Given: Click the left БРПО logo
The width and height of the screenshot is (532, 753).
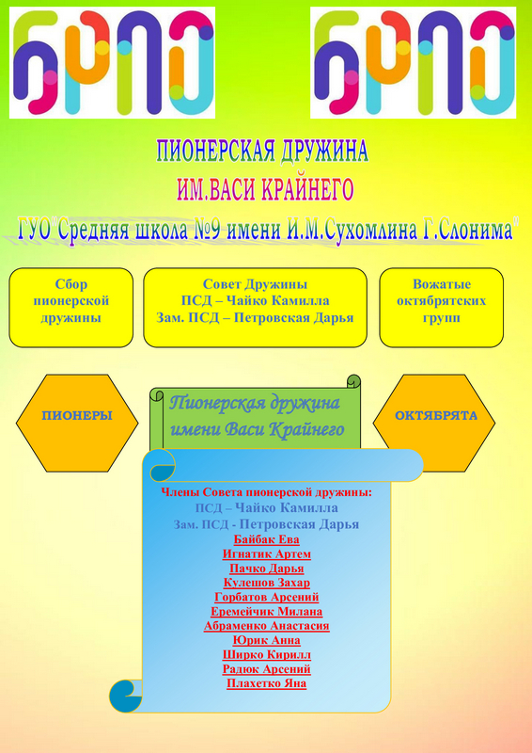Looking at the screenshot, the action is pyautogui.click(x=112, y=62).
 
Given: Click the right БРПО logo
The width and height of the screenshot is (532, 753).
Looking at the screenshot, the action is pyautogui.click(x=413, y=62).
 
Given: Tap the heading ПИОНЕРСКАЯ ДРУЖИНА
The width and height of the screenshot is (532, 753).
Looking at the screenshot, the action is pyautogui.click(x=263, y=152).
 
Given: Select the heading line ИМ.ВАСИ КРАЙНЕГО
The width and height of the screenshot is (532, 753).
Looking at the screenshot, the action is pyautogui.click(x=265, y=190).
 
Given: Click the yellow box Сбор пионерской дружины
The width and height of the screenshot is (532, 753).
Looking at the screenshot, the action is pyautogui.click(x=71, y=308).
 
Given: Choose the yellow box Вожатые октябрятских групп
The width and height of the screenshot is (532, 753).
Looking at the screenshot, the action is pyautogui.click(x=442, y=308).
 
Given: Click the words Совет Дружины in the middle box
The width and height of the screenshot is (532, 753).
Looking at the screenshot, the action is pyautogui.click(x=255, y=284).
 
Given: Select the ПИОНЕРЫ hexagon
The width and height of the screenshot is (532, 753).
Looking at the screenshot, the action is pyautogui.click(x=77, y=423).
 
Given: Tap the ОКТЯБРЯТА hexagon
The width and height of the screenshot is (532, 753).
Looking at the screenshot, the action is pyautogui.click(x=434, y=423).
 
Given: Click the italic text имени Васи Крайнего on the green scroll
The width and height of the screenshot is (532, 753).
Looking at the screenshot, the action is pyautogui.click(x=258, y=429).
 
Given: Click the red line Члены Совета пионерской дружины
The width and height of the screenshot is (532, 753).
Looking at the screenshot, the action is pyautogui.click(x=267, y=492).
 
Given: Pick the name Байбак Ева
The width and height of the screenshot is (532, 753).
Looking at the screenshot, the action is pyautogui.click(x=267, y=539).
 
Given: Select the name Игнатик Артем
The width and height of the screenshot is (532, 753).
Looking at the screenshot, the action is pyautogui.click(x=267, y=553).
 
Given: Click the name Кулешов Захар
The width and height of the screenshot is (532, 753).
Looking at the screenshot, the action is pyautogui.click(x=267, y=583).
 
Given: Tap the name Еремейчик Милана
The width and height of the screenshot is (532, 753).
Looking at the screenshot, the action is pyautogui.click(x=267, y=611).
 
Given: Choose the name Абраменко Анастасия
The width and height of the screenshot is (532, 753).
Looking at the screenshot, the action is pyautogui.click(x=267, y=626).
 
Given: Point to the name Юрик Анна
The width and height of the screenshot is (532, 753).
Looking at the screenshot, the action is pyautogui.click(x=267, y=640).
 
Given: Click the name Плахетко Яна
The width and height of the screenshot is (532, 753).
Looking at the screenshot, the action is pyautogui.click(x=267, y=683).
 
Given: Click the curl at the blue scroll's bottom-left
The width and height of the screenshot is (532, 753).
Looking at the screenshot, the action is pyautogui.click(x=125, y=697).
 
